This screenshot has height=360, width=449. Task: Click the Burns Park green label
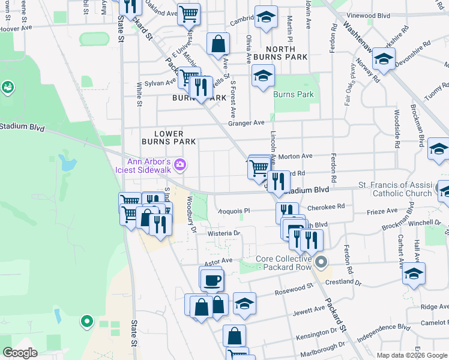[293, 95]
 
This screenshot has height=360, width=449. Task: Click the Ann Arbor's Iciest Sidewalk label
[149, 166]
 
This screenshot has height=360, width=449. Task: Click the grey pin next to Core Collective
[322, 262]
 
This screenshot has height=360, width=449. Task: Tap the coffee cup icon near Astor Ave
[211, 279]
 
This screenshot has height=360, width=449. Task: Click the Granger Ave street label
[246, 123]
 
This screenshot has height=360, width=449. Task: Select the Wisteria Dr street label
[224, 233]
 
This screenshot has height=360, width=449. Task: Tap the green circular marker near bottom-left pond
[86, 322]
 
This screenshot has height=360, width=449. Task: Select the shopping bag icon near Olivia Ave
[218, 43]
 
